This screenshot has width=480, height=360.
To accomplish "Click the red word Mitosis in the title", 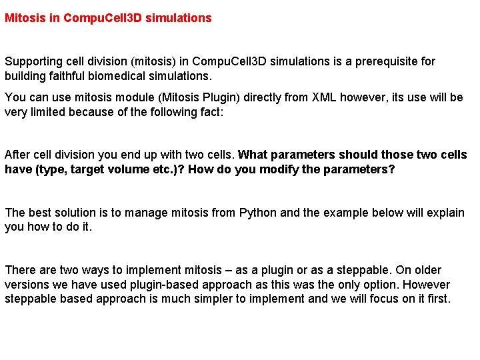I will coord(25,18).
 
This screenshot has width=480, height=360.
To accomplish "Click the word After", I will coord(17,155).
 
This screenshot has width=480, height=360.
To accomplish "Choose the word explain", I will coord(445,213).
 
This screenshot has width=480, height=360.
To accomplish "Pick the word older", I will coord(425,270).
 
